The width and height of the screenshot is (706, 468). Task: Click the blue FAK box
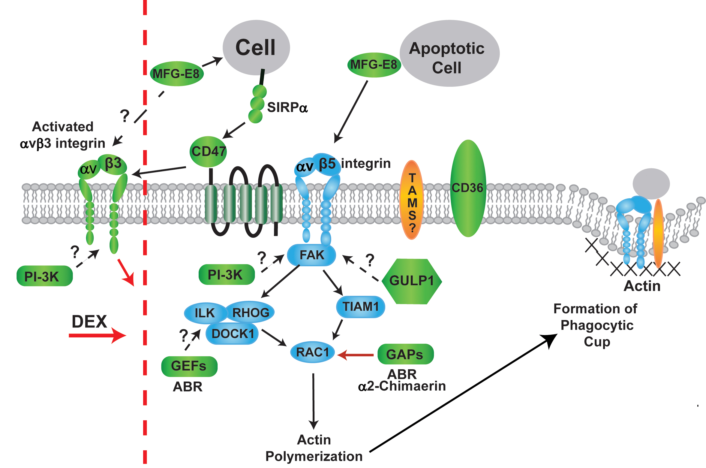pos(311,255)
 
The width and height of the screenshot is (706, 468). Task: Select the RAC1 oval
pos(312,352)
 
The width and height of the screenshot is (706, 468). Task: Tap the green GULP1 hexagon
pos(412,281)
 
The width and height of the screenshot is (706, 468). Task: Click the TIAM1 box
pos(360,307)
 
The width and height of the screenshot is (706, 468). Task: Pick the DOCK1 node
pos(232,334)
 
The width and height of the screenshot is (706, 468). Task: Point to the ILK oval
pos(205,313)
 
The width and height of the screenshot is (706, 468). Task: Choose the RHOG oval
pos(251,313)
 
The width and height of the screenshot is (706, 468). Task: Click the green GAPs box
pos(405,354)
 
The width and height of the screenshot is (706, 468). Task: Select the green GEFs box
pos(189,366)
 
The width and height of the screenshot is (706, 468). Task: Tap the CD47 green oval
pos(208,152)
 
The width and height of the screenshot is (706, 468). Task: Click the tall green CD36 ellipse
pos(468,188)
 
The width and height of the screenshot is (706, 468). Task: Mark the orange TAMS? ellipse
pos(412,200)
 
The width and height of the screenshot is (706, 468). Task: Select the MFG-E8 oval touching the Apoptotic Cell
pos(374,65)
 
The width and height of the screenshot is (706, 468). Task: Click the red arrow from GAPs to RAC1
pos(356,355)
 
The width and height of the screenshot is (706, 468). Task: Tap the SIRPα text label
pos(287,107)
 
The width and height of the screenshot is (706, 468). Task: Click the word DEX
pos(89,322)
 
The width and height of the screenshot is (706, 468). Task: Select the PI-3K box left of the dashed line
pos(44,276)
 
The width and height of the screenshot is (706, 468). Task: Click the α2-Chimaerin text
pos(402,386)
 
